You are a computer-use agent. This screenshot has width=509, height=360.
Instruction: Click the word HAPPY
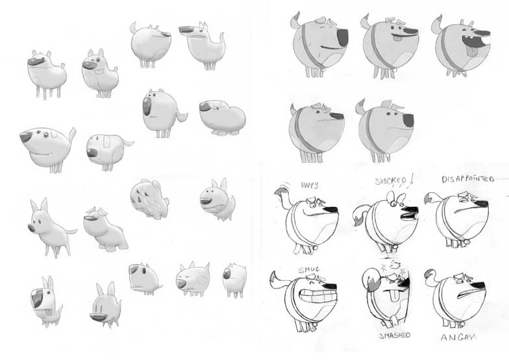click(309, 186)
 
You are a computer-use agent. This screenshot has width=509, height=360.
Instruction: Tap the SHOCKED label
click(391, 181)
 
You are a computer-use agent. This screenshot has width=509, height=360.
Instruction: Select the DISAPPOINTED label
click(467, 179)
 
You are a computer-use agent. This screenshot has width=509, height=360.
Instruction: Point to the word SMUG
click(309, 270)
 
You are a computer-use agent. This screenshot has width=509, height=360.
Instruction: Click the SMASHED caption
click(395, 335)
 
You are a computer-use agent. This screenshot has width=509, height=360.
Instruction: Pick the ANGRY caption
click(457, 337)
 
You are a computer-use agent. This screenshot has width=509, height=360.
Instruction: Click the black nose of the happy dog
click(330, 210)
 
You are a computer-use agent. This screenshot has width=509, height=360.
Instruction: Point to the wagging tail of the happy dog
click(282, 196)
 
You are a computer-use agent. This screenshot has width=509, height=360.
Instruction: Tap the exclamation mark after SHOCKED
click(412, 178)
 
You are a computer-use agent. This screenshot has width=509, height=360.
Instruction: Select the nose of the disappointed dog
click(481, 204)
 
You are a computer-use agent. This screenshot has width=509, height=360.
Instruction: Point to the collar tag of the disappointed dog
click(467, 242)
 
